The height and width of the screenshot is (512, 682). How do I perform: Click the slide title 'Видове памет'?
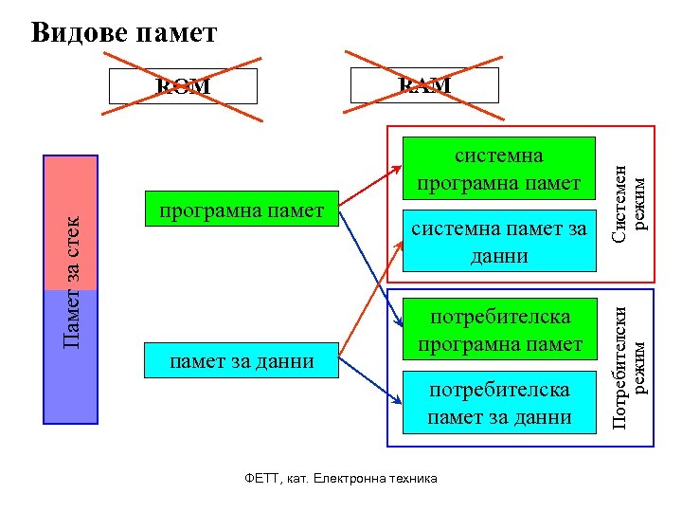pos(124,33)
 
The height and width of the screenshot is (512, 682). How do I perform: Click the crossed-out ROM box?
pos(183,86)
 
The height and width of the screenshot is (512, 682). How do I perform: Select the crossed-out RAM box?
pos(424,85)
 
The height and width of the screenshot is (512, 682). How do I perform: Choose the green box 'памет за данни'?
pos(242,361)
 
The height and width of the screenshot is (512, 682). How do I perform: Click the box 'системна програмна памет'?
pos(498,168)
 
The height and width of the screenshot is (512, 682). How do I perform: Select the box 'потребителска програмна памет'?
pos(498,329)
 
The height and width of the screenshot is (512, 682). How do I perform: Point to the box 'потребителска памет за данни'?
pos(498,403)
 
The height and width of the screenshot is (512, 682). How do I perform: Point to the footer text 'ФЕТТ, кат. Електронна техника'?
pos(341,478)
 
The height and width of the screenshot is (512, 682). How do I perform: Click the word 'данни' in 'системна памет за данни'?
pos(498,255)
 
